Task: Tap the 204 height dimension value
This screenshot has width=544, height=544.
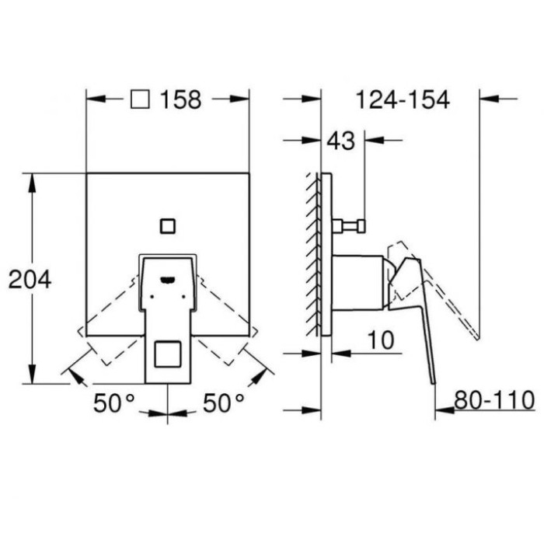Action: [30, 279]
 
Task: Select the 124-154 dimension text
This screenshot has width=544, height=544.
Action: [402, 99]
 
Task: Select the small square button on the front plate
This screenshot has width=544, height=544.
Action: [167, 226]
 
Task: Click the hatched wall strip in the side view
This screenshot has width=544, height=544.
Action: [314, 253]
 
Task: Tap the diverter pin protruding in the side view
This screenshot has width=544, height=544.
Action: [350, 226]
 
